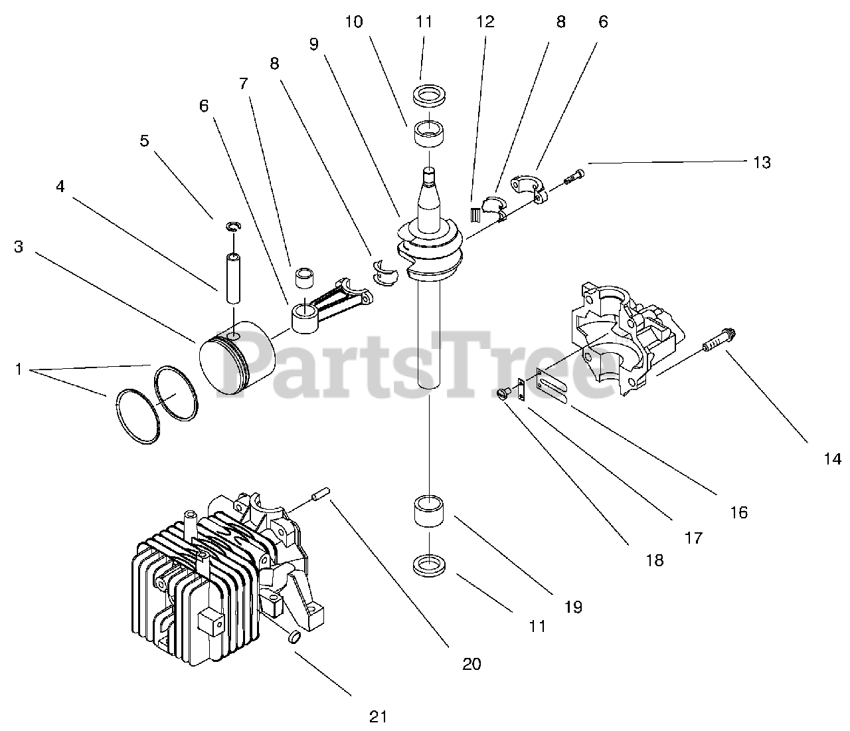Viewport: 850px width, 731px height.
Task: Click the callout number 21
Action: coord(377,716)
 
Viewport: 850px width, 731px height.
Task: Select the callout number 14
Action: coord(832,459)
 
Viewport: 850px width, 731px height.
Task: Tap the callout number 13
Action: coord(762,162)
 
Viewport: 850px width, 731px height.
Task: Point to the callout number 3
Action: coord(19,247)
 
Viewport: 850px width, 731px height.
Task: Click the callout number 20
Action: coord(471,663)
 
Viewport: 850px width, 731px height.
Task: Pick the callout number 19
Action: coord(573,606)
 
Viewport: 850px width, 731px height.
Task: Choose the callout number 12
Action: coord(485,22)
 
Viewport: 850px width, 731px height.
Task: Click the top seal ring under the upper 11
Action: coord(429,94)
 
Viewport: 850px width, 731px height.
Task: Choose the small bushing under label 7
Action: coord(305,278)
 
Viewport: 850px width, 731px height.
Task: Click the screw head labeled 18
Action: coord(504,393)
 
